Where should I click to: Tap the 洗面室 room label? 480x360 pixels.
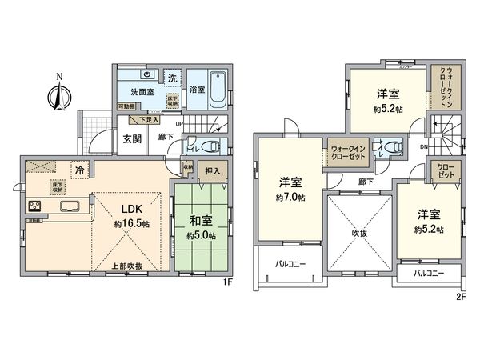click(132, 91)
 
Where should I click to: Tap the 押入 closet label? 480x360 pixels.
click(213, 170)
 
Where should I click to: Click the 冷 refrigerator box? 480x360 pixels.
click(80, 169)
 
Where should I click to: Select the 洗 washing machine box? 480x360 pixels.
click(172, 78)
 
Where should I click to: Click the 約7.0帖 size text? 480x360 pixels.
click(289, 196)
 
